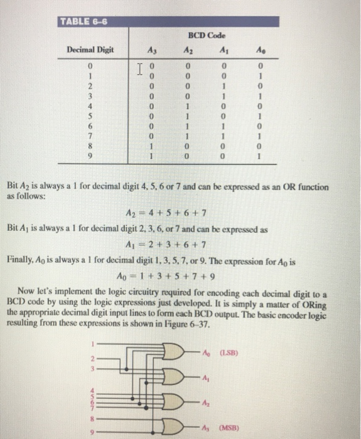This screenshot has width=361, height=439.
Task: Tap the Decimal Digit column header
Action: [x=90, y=50]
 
